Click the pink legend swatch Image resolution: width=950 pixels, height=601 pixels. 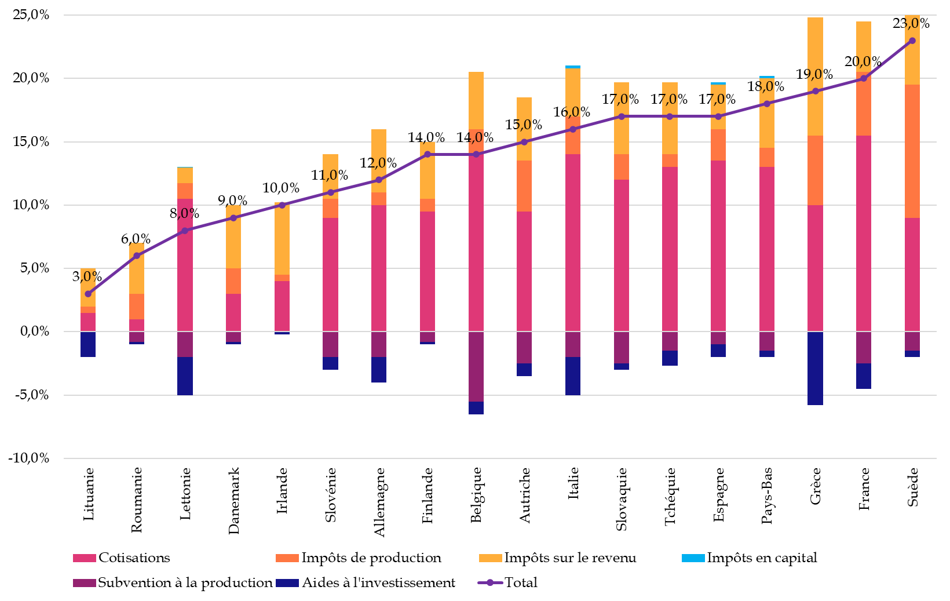(85, 558)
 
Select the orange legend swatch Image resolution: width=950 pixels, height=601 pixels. (287, 558)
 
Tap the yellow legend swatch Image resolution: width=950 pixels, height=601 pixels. (490, 558)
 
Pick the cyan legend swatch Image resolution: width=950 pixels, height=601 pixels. (693, 558)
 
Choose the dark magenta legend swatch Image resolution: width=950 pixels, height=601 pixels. (85, 583)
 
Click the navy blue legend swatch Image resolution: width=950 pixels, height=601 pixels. (287, 583)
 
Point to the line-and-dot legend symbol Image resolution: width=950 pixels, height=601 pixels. (490, 582)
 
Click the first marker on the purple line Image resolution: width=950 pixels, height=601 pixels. (88, 294)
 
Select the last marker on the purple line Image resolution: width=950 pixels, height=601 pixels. (912, 41)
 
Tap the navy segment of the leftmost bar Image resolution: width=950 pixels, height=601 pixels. (88, 344)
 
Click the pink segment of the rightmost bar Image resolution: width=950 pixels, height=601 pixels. (912, 275)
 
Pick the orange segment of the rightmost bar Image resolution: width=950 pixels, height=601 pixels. (912, 151)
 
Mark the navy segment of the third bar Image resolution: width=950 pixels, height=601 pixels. (185, 376)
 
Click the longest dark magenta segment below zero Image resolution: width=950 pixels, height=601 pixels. (476, 366)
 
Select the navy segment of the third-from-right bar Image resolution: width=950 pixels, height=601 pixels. (815, 368)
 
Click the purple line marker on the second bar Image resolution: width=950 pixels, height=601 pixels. (137, 256)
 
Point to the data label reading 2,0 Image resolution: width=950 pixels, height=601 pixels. (378, 163)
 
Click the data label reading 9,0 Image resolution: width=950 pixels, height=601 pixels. (815, 75)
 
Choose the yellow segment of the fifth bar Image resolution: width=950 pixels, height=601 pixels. (282, 239)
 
